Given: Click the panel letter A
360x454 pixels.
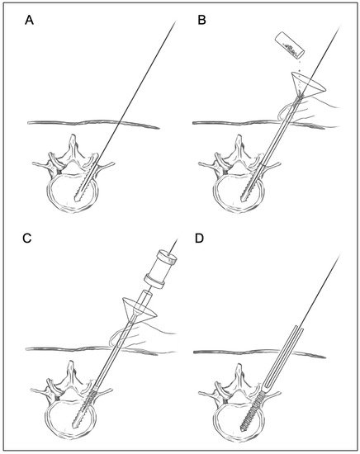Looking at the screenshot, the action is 29,21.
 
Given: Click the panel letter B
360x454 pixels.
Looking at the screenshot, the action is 201,21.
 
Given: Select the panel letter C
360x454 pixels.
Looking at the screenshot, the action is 27,238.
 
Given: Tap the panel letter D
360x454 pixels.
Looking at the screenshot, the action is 200,238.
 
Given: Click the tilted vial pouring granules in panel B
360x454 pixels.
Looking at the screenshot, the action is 290,45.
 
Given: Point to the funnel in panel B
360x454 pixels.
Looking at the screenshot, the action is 308,84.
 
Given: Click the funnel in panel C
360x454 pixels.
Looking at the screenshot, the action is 139,310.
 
